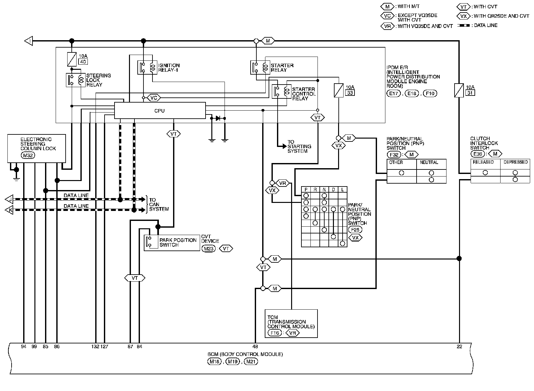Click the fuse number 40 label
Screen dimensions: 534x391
pos(83,62)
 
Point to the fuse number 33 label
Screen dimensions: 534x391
pos(350,93)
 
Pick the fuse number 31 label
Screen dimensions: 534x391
pos(470,93)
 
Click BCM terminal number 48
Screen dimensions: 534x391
pos(255,347)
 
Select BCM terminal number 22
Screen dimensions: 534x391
pos(459,347)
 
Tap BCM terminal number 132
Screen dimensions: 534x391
pos(95,347)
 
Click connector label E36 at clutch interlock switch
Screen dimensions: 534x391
pos(478,154)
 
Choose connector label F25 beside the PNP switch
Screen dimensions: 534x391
pos(355,230)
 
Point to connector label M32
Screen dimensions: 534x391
pos(28,156)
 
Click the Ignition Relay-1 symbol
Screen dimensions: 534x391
pos(147,68)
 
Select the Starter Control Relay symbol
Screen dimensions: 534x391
pos(281,92)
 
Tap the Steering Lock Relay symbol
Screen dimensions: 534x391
pos(76,80)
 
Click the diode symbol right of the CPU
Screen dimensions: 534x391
pos(218,118)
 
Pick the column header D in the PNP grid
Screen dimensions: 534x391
pos(333,190)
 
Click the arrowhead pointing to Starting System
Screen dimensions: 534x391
pos(284,146)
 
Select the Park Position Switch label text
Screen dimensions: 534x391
pos(178,242)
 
